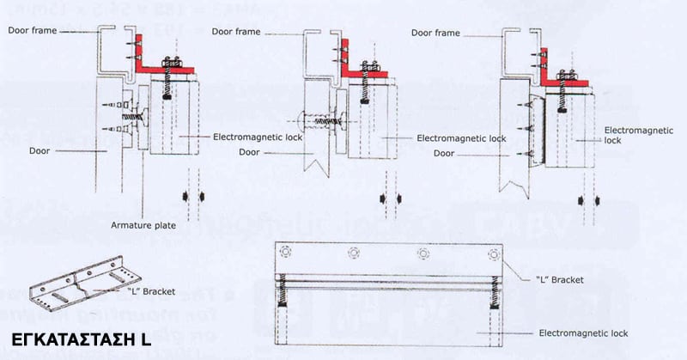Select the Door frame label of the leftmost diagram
(33, 31)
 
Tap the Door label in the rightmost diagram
(445, 153)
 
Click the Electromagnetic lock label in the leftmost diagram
(255, 137)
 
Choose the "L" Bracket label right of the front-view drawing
(560, 280)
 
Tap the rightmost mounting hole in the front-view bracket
(492, 253)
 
